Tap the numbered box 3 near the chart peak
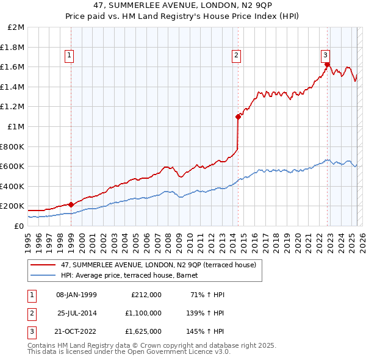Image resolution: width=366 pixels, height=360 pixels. [x=326, y=54]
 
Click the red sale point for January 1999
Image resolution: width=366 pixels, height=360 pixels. [x=71, y=204]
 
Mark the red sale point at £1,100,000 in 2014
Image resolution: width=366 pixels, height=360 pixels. [x=238, y=117]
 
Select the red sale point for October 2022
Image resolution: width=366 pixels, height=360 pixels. [x=328, y=64]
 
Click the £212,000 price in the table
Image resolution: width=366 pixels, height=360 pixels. [x=146, y=295]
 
